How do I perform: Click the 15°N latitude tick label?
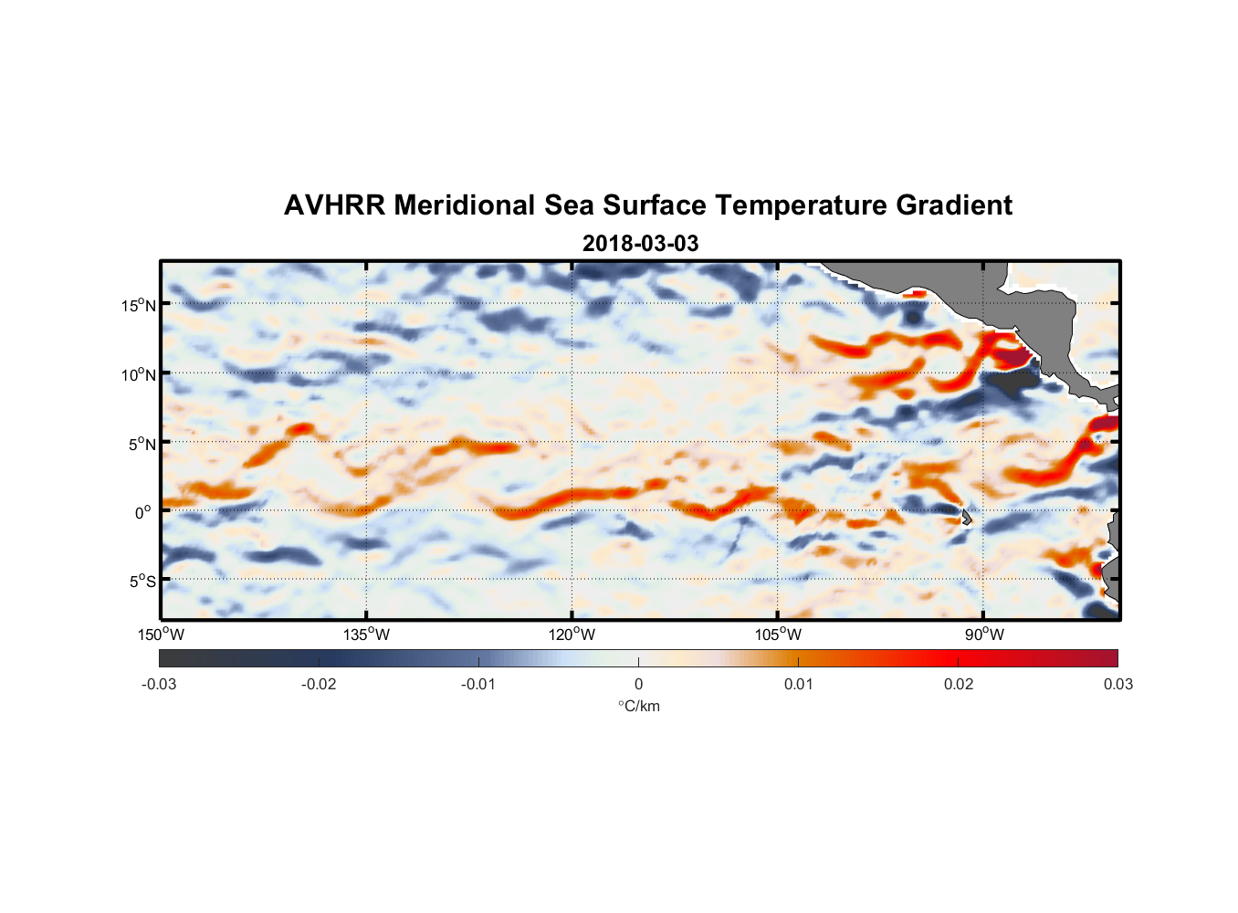pyautogui.click(x=139, y=305)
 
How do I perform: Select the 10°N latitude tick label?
pyautogui.click(x=139, y=374)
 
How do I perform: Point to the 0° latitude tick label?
pyautogui.click(x=143, y=512)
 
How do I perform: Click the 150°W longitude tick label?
pyautogui.click(x=161, y=635)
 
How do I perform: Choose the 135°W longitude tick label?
pyautogui.click(x=366, y=635)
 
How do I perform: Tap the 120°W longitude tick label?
pyautogui.click(x=572, y=635)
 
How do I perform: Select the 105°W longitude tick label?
pyautogui.click(x=778, y=635)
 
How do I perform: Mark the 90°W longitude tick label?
pyautogui.click(x=983, y=635)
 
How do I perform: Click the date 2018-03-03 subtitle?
pyautogui.click(x=640, y=244)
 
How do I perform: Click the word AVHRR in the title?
pyautogui.click(x=334, y=205)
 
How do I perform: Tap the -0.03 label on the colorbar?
pyautogui.click(x=159, y=684)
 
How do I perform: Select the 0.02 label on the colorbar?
pyautogui.click(x=959, y=684)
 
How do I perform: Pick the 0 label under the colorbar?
pyautogui.click(x=638, y=684)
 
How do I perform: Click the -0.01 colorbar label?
pyautogui.click(x=478, y=684)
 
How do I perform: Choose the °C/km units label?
pyautogui.click(x=638, y=706)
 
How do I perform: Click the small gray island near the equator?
pyautogui.click(x=966, y=517)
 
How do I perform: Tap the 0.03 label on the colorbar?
pyautogui.click(x=1117, y=684)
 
